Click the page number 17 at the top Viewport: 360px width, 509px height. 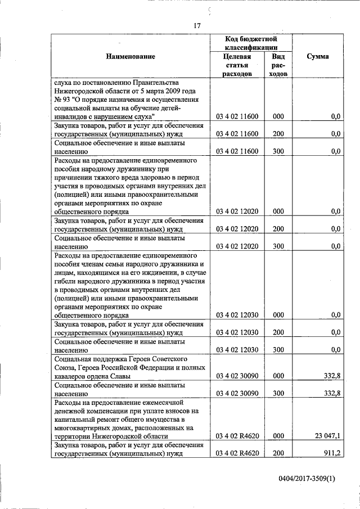197,25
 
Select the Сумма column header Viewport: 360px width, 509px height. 318,56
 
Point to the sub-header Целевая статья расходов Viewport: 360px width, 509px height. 237,65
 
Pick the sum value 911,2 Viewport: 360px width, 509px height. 331,454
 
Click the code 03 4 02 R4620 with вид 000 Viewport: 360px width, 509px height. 237,436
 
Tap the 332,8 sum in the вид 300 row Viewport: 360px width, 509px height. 330,394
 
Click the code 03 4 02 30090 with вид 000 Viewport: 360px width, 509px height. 237,376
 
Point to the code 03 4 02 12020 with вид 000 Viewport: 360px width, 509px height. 237,211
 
